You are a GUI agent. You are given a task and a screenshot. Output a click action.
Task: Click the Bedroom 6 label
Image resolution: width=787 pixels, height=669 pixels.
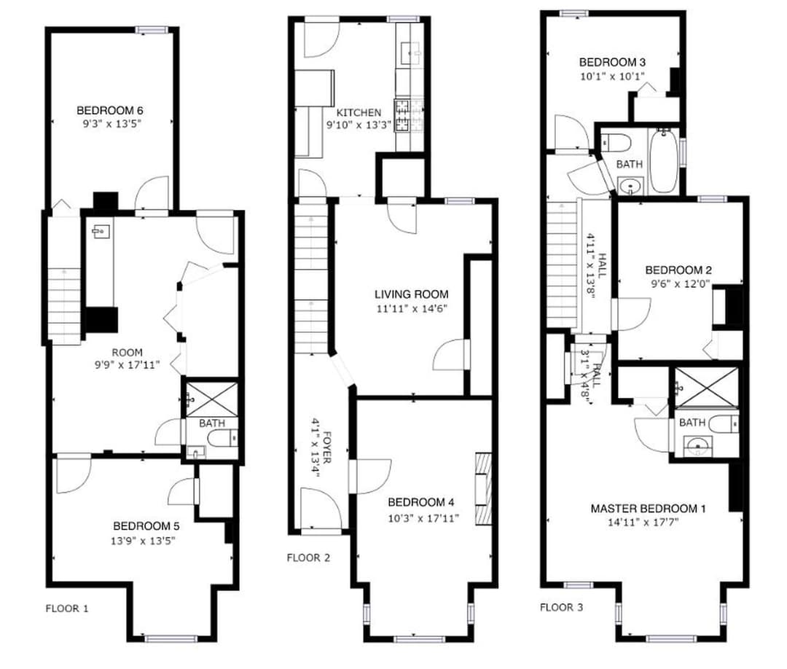coord(110,111)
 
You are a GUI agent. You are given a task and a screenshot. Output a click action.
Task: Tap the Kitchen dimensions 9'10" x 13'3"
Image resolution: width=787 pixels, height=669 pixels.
coord(359,125)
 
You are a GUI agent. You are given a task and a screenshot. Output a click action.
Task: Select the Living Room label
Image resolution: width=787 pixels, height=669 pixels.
coord(412,294)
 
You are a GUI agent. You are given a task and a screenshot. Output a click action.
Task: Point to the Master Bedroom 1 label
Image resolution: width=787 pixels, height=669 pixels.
coord(648,509)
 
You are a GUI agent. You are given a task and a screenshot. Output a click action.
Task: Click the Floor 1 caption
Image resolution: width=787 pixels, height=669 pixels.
coord(67,609)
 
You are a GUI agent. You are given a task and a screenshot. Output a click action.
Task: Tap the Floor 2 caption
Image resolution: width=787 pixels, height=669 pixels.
coord(309,557)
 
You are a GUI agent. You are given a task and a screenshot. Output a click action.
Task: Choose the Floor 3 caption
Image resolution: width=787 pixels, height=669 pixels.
coord(562,608)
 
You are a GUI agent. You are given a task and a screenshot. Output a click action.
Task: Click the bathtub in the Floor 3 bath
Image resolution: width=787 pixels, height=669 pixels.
coord(664,160)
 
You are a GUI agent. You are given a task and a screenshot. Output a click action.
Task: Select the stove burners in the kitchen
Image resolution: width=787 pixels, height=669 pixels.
coord(402,116)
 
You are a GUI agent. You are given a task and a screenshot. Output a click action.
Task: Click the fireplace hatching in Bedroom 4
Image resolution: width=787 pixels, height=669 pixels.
coord(483,489)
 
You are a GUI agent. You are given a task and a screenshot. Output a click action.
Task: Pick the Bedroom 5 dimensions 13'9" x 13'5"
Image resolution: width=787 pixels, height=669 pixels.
coord(143,541)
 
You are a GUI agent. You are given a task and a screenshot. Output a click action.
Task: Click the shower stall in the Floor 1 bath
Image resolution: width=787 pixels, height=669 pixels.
coord(212,399)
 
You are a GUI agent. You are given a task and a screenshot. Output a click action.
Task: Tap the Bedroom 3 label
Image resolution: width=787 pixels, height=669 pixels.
coord(612,63)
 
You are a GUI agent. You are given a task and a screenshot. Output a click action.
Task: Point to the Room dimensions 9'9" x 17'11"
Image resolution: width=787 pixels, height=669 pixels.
coord(127,365)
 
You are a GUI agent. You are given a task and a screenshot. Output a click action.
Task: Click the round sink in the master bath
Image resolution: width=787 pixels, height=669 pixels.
coord(698,444)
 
